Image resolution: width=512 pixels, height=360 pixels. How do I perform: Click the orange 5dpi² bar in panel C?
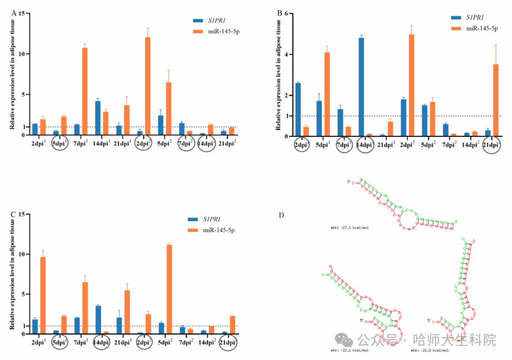169,289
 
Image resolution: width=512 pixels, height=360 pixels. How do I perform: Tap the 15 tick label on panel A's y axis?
21,13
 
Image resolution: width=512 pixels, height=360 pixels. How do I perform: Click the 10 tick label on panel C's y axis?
21,254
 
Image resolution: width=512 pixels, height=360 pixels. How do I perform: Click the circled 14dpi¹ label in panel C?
101,343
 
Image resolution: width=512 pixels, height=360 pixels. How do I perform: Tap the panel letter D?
281,215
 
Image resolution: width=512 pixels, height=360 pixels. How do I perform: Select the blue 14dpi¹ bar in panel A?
98,118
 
